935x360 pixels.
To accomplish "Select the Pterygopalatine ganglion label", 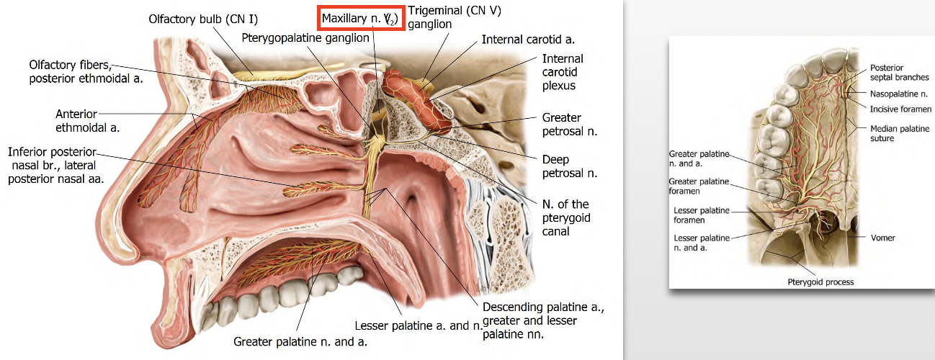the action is pos(305,37).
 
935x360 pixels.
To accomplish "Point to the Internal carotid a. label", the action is pos(527,39).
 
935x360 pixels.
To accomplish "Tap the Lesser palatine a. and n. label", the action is pos(419,325).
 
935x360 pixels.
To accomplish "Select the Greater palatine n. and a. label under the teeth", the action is pos(300,341).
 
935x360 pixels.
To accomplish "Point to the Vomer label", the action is pos(883,237).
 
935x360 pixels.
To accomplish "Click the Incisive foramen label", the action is pos(900,109).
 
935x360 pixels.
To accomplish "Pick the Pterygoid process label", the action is pos(820,282).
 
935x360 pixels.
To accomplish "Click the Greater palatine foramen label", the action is pos(699,186).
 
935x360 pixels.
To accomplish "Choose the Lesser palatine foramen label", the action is pos(702,215).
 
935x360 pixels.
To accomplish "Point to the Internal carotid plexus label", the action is pos(563,72).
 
